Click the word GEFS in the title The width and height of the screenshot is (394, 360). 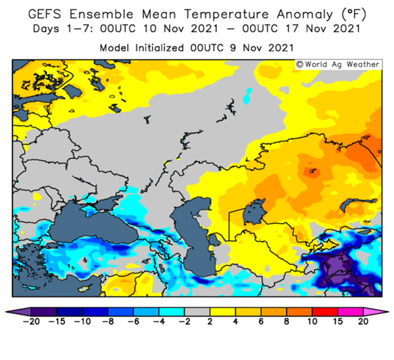pyautogui.click(x=45, y=14)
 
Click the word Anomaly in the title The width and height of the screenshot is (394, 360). pyautogui.click(x=305, y=15)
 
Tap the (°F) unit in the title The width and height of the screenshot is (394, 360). pyautogui.click(x=354, y=14)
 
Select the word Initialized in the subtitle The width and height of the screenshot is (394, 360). pyautogui.click(x=160, y=48)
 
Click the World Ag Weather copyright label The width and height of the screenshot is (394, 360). pyautogui.click(x=338, y=64)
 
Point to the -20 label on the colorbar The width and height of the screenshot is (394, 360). pyautogui.click(x=31, y=321)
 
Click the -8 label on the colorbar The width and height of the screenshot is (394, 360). pyautogui.click(x=108, y=321)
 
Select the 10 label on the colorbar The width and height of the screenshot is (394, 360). pyautogui.click(x=312, y=321)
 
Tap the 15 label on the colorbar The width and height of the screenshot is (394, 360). pyautogui.click(x=338, y=321)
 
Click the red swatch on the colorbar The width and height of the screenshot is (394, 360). pyautogui.click(x=325, y=312)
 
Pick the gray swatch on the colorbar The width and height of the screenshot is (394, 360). pyautogui.click(x=197, y=312)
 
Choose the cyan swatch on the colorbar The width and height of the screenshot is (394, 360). pyautogui.click(x=172, y=312)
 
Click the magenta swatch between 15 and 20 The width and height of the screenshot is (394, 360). pyautogui.click(x=351, y=312)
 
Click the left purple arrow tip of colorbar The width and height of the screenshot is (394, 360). pyautogui.click(x=7, y=312)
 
